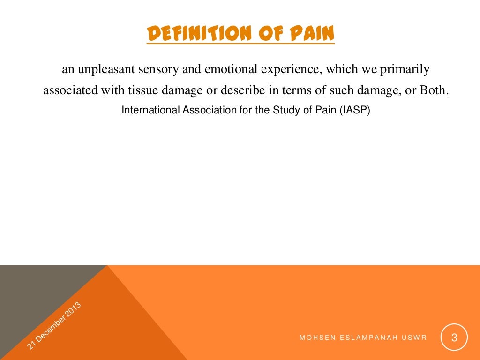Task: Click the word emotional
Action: point(213,70)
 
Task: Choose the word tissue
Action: point(135,90)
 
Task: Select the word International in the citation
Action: point(148,110)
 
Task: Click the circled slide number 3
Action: point(454,337)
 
